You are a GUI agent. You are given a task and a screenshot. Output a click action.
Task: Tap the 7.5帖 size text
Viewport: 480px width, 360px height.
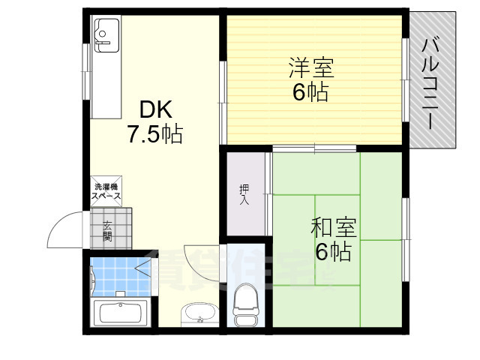(x=154, y=136)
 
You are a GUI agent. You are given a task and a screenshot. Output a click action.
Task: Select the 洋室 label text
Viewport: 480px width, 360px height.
(x=310, y=68)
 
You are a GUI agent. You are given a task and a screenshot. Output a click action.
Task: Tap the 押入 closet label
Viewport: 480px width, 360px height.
(x=244, y=194)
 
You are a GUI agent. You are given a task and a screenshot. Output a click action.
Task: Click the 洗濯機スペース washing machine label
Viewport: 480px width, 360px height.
(x=106, y=192)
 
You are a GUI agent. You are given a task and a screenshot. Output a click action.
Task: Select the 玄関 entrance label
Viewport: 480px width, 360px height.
(x=107, y=230)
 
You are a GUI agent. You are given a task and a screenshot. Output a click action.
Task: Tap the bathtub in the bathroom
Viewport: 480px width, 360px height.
(x=120, y=313)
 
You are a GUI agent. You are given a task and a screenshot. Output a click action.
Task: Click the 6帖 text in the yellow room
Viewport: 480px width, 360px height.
(x=310, y=93)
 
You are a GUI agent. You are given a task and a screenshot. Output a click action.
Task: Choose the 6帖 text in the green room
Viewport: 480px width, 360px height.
(x=332, y=252)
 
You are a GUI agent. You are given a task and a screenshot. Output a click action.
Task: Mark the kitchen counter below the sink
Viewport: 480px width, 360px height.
(x=104, y=82)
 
